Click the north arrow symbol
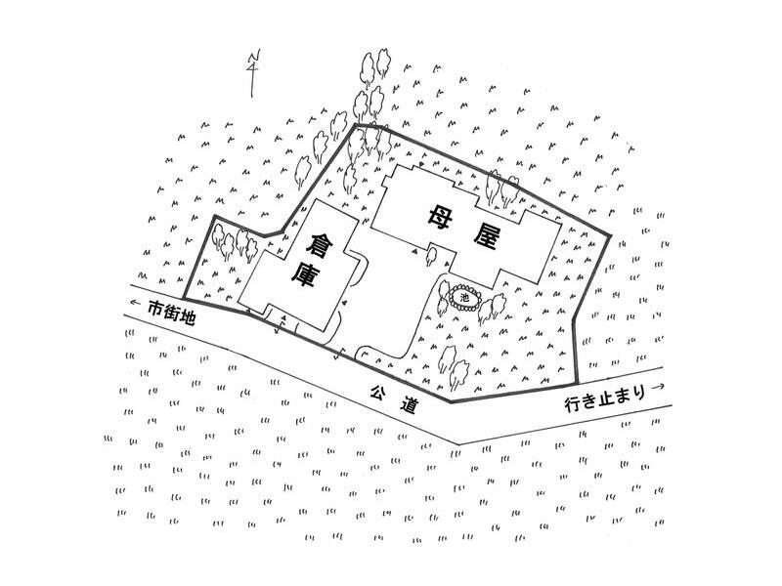[x=252, y=73]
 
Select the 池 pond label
[x=465, y=299]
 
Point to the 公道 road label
[x=394, y=398]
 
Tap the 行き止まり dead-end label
[x=604, y=398]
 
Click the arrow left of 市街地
[x=135, y=303]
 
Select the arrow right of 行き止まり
[x=658, y=386]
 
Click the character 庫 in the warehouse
[x=304, y=275]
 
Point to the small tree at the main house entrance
[x=431, y=256]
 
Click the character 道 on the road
[x=409, y=405]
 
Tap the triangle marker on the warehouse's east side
[x=344, y=303]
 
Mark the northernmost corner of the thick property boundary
[x=355, y=125]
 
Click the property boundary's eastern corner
[x=610, y=235]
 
